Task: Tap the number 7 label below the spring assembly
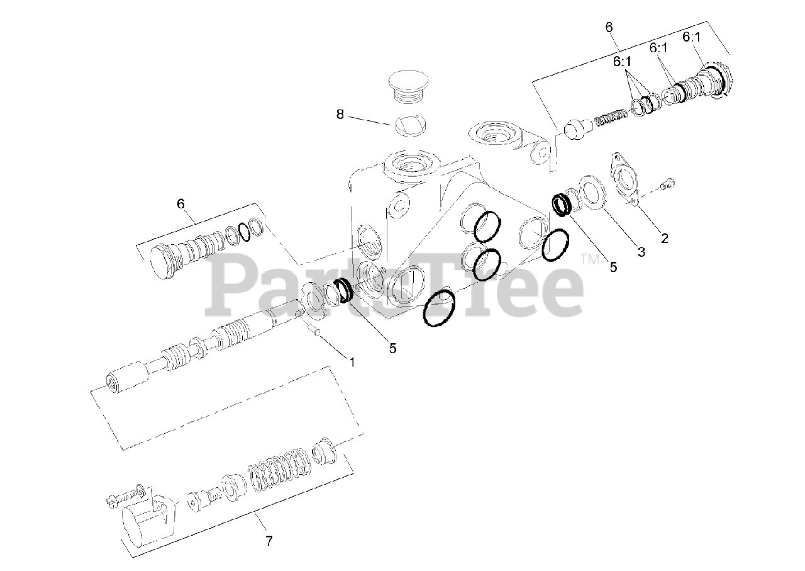coord(269,540)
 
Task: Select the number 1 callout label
coord(352,362)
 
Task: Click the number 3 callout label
coord(641,252)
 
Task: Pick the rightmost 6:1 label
coord(691,38)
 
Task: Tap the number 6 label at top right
coord(609,27)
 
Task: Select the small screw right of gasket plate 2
coord(669,184)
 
